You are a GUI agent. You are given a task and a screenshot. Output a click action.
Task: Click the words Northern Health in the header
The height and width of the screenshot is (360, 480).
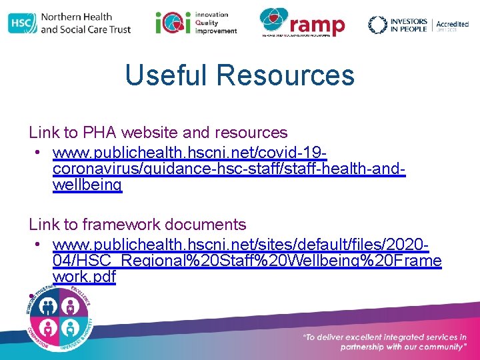pos(76,17)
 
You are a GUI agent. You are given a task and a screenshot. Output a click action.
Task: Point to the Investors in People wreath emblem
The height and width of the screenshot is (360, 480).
pos(377,25)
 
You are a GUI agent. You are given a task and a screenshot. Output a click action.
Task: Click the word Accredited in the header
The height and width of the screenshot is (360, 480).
pos(452,24)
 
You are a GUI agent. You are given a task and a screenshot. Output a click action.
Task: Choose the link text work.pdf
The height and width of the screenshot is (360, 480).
pos(83,276)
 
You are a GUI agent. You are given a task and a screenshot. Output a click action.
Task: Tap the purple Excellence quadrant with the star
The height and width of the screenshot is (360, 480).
pos(71,307)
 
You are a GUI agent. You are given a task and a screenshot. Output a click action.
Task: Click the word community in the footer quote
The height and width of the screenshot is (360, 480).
pos(436,347)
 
